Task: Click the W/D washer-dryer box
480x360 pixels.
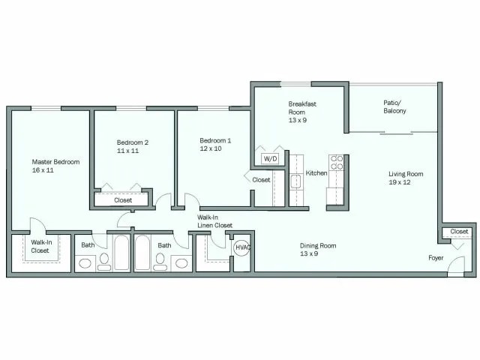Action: [x=270, y=159]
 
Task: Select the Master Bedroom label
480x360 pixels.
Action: [x=55, y=161]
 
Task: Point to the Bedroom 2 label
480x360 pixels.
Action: [x=133, y=142]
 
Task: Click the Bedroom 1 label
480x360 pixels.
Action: [x=215, y=140]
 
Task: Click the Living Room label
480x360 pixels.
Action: [x=406, y=174]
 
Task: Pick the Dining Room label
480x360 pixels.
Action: [x=318, y=245]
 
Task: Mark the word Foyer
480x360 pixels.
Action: [x=436, y=258]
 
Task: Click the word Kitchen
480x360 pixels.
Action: [x=316, y=173]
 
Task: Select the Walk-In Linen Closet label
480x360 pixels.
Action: [x=215, y=221]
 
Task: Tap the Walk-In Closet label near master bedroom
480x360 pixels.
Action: [x=40, y=246]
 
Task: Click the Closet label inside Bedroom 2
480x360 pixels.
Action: [x=124, y=200]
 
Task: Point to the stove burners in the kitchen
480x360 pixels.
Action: [x=337, y=164]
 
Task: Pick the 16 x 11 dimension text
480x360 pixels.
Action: [x=43, y=170]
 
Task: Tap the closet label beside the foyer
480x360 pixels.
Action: [x=460, y=232]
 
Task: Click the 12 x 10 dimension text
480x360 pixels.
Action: [x=211, y=149]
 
